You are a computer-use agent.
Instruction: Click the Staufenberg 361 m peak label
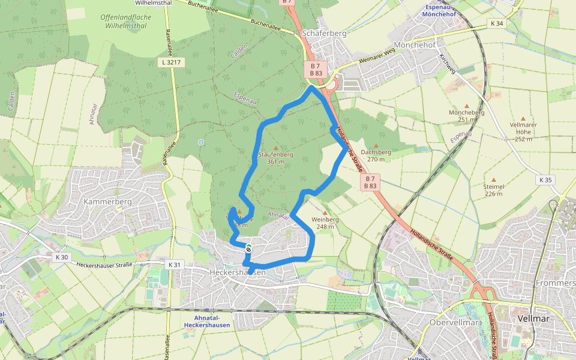(x=275, y=158)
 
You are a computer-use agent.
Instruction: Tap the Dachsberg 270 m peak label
(x=376, y=155)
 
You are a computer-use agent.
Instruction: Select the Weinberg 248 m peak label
(x=325, y=223)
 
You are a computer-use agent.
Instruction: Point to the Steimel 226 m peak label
(x=494, y=190)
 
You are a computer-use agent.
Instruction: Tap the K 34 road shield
(x=497, y=23)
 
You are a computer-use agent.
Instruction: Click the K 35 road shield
(x=545, y=180)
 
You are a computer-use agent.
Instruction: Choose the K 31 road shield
(x=174, y=265)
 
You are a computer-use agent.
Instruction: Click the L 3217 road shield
(x=172, y=62)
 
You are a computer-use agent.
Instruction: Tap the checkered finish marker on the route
(x=248, y=247)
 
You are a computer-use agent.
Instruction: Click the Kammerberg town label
(x=107, y=202)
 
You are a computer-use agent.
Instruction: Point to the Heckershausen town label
(x=238, y=272)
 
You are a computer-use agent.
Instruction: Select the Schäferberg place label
(x=325, y=34)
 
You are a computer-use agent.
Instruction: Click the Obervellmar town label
(x=453, y=322)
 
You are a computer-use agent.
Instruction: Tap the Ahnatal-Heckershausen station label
(x=207, y=321)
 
